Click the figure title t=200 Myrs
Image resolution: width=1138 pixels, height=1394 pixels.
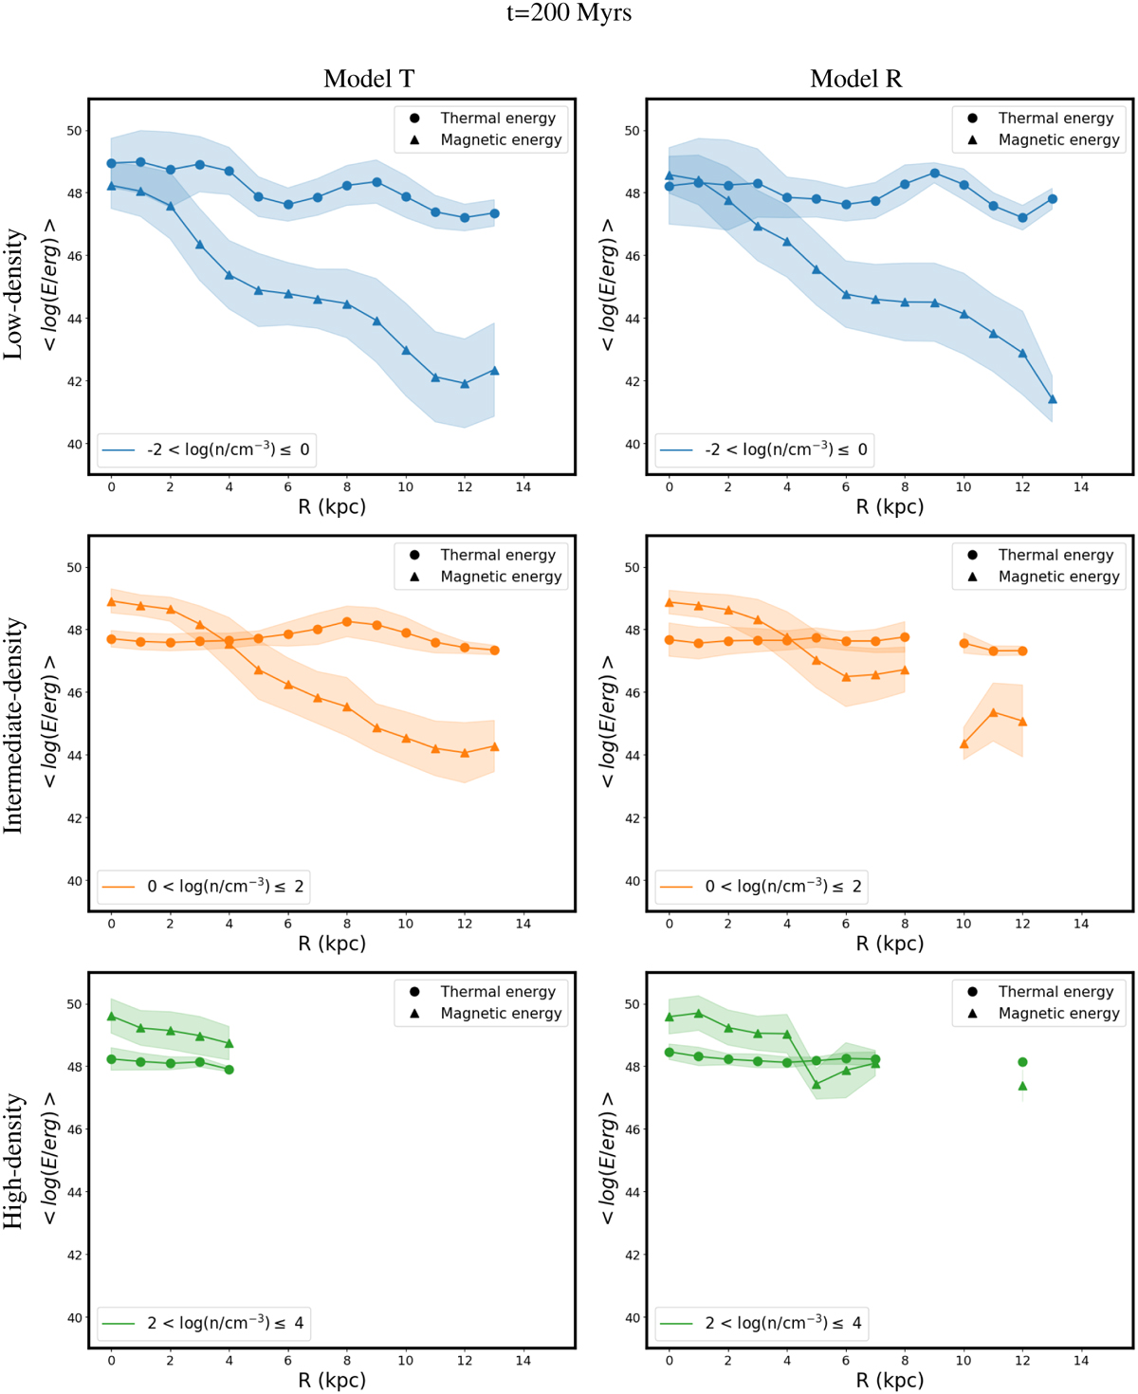(569, 13)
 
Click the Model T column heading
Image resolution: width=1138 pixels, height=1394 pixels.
(369, 79)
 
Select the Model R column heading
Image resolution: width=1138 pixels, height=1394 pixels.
(855, 79)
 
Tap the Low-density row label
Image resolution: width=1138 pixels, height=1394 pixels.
(13, 294)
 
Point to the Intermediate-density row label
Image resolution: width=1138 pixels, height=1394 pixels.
(13, 725)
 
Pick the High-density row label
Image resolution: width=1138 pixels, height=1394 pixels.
(13, 1162)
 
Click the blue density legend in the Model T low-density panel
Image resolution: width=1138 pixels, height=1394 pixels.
(206, 449)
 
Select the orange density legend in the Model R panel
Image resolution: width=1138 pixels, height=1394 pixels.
(762, 887)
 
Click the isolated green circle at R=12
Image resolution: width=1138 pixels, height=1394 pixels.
(1022, 1062)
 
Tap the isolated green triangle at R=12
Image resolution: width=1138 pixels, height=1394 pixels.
(1022, 1086)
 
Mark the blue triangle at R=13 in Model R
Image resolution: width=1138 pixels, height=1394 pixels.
(1053, 399)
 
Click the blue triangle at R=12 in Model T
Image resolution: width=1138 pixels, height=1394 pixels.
(465, 383)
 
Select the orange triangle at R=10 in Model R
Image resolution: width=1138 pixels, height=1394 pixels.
(964, 743)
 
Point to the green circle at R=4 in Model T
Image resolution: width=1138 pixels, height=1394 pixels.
(229, 1070)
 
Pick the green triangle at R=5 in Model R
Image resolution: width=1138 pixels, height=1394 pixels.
(817, 1084)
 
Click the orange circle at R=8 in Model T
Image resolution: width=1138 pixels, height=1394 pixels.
(347, 622)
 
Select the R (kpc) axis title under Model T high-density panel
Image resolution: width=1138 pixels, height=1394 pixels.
(332, 1380)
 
